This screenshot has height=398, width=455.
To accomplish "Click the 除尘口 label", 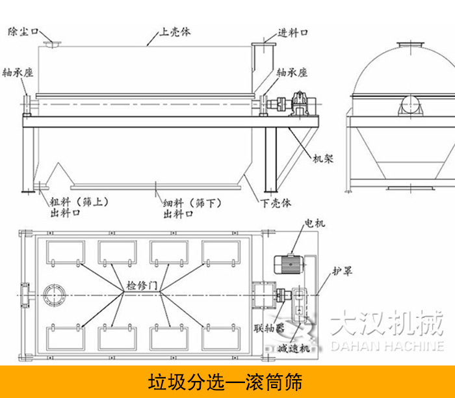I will point(25,31).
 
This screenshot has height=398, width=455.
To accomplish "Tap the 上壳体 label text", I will point(175,31).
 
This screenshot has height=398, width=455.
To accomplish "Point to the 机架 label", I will point(323,159).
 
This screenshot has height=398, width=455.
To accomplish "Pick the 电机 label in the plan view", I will point(315,224).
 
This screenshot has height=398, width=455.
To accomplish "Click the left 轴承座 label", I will point(18,73).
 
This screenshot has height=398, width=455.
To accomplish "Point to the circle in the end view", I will point(411,103).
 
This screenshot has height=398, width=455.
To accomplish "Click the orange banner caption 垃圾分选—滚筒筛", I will point(226,380).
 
